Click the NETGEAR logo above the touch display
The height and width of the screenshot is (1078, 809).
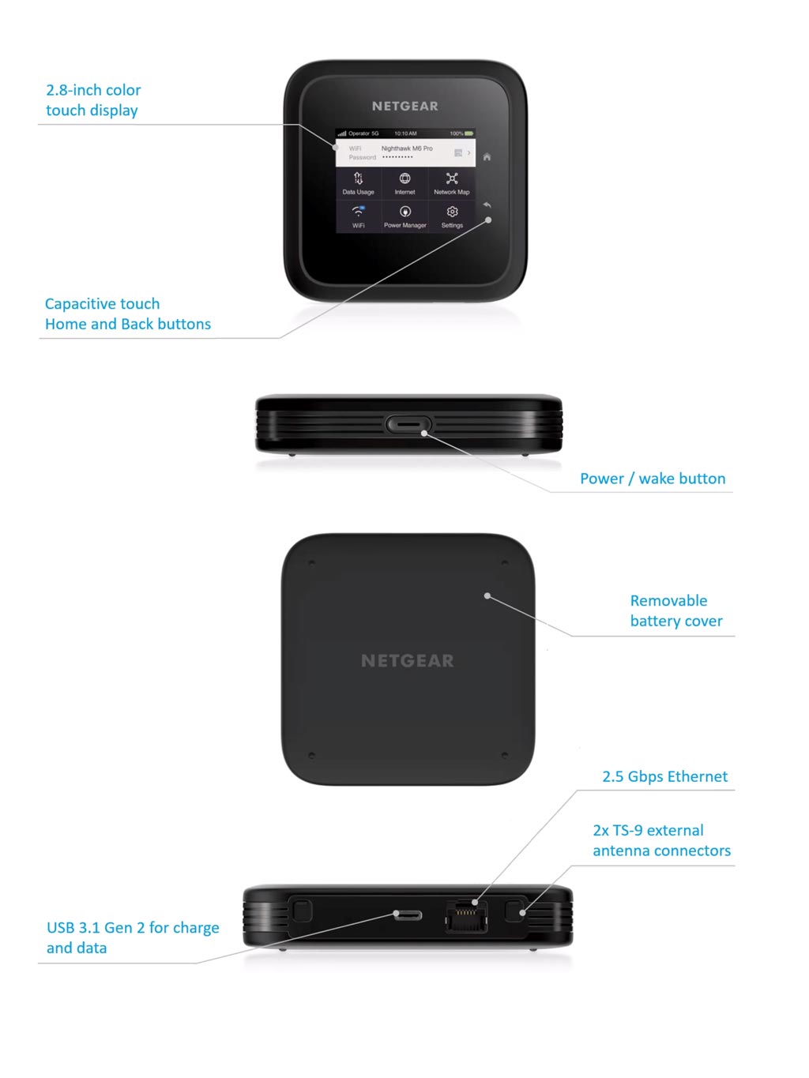pyautogui.click(x=404, y=106)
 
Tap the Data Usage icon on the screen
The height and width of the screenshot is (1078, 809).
pyautogui.click(x=358, y=179)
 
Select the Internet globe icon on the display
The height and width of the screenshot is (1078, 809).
pyautogui.click(x=404, y=179)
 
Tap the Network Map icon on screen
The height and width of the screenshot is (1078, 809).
pyautogui.click(x=452, y=179)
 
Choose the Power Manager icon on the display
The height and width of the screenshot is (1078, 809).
pyautogui.click(x=404, y=212)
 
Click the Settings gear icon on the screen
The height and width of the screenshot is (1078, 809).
pyautogui.click(x=452, y=212)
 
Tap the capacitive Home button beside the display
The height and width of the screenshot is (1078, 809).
pyautogui.click(x=487, y=157)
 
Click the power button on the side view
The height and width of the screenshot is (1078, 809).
pyautogui.click(x=408, y=424)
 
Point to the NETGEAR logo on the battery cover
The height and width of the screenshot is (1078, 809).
pyautogui.click(x=408, y=661)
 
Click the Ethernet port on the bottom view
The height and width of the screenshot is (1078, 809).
pyautogui.click(x=466, y=916)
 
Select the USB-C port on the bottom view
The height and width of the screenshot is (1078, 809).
pyautogui.click(x=408, y=915)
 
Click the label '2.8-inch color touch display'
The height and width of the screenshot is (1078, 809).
pyautogui.click(x=93, y=100)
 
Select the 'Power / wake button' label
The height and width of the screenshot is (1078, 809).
pyautogui.click(x=653, y=479)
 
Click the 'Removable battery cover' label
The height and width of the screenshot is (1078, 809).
pyautogui.click(x=675, y=610)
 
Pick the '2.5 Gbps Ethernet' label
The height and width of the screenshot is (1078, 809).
pyautogui.click(x=664, y=776)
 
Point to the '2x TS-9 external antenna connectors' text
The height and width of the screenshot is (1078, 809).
pyautogui.click(x=661, y=840)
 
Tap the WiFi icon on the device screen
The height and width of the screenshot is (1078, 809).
pyautogui.click(x=358, y=212)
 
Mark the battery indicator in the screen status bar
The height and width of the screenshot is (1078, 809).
pyautogui.click(x=468, y=133)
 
